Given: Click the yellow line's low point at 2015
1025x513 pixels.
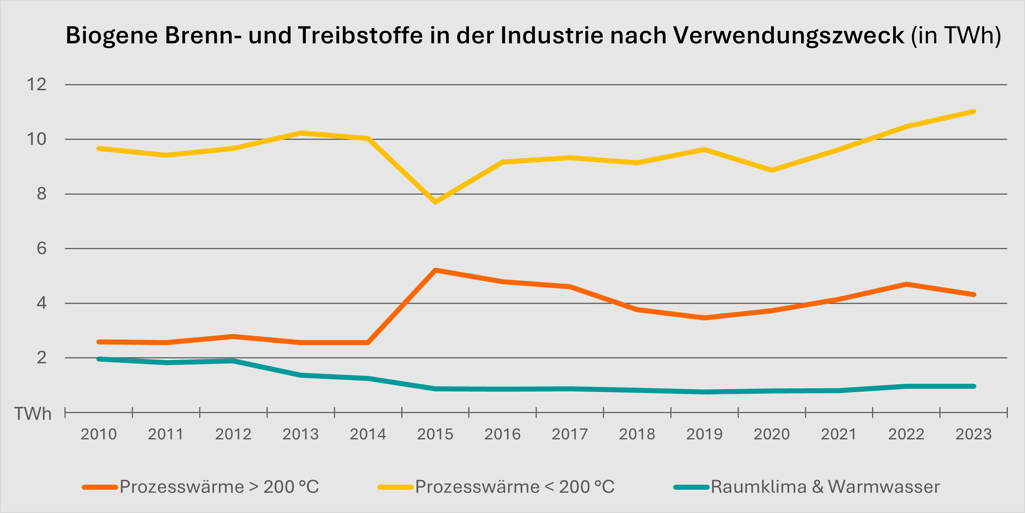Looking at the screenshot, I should click(x=435, y=202).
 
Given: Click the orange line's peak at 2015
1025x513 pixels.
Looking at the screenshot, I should click(x=435, y=270).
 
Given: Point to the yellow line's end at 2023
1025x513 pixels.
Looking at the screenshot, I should click(x=973, y=112).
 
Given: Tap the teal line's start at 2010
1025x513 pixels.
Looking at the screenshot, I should click(x=99, y=359).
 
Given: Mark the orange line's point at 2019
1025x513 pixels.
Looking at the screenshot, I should click(x=704, y=318).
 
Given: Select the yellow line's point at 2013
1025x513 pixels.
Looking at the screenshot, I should click(x=301, y=133).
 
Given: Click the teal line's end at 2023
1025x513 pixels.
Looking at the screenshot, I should click(x=973, y=386).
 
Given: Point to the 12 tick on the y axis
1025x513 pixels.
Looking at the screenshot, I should click(x=37, y=85).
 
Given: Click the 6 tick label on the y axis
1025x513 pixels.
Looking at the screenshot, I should click(x=41, y=248).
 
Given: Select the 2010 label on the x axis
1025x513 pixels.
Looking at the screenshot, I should click(x=99, y=434).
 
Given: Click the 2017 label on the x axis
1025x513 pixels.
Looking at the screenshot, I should click(x=570, y=434).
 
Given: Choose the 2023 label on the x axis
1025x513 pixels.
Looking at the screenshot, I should click(x=973, y=434).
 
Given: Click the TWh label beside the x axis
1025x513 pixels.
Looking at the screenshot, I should click(x=33, y=414).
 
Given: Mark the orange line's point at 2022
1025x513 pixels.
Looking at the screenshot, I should click(x=906, y=284).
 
